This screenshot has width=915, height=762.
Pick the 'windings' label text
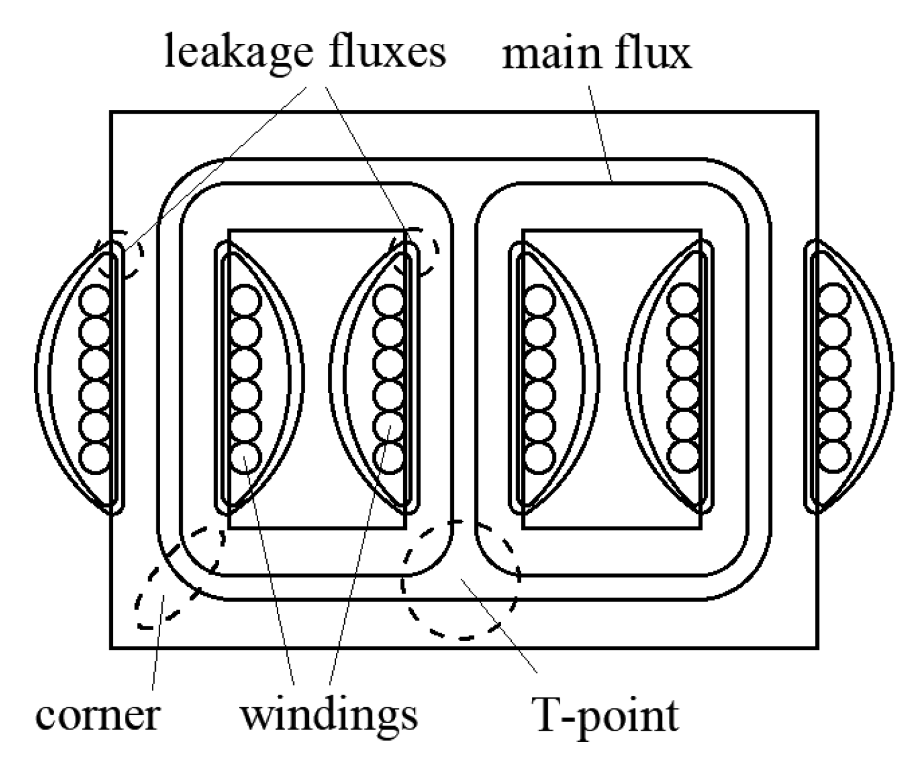click(x=329, y=716)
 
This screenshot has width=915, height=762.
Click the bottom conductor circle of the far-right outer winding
click(x=835, y=456)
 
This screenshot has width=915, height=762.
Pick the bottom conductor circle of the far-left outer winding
click(x=96, y=457)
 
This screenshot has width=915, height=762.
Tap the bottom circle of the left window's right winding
click(x=389, y=457)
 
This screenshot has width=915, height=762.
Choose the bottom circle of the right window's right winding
click(x=683, y=456)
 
